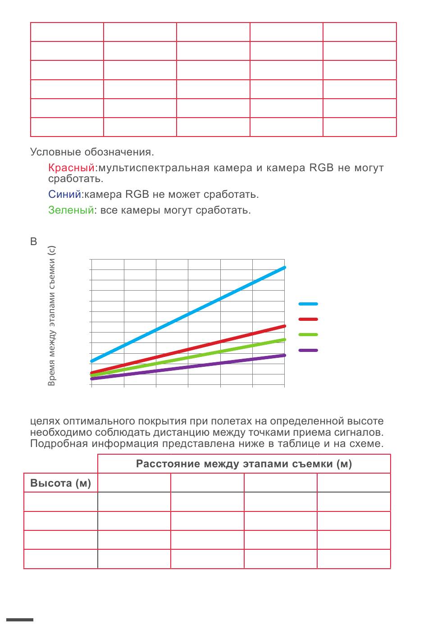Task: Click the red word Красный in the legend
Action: coord(71,168)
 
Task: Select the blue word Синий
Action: coord(64,194)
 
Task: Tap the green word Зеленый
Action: coord(71,210)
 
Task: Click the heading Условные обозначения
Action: coord(92,152)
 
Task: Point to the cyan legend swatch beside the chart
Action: coord(308,304)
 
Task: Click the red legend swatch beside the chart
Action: coord(308,319)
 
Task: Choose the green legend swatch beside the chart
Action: coord(308,334)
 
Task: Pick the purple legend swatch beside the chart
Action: coord(308,350)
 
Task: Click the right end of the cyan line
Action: coord(284,268)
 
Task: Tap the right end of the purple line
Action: coord(284,355)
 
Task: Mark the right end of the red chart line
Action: coord(284,326)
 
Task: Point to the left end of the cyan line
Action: coord(92,361)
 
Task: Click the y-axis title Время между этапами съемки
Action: coord(52,315)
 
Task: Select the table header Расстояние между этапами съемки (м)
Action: coord(244,464)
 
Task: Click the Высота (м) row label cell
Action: coord(60,483)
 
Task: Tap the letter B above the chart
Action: coord(33,242)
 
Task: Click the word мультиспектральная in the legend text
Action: coord(154,168)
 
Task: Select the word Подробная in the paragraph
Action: coord(59,443)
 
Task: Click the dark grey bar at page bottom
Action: coord(20,620)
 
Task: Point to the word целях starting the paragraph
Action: coord(45,421)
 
